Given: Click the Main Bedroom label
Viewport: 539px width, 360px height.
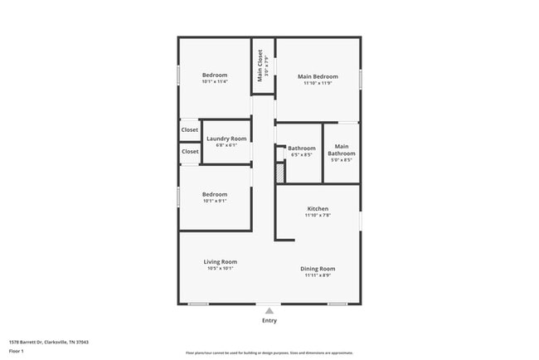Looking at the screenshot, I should (x=318, y=76).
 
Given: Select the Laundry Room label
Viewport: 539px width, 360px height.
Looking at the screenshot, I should (x=226, y=139).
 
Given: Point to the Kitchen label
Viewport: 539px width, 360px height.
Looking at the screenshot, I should (x=318, y=208).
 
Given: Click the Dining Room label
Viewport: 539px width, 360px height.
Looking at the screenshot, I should (x=318, y=269).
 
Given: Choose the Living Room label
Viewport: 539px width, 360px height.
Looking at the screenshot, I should (x=221, y=262).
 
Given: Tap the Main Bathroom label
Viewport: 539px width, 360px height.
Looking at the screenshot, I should (x=342, y=150).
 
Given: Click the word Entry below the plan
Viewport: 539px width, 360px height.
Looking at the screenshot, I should (x=269, y=320).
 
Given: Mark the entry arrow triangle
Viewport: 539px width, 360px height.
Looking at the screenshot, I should (x=269, y=311).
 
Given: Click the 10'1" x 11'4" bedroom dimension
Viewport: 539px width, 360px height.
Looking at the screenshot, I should (x=215, y=81).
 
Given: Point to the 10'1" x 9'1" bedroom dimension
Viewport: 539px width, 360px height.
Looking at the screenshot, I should (x=215, y=201).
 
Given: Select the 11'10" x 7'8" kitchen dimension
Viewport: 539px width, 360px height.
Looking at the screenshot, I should (x=318, y=216).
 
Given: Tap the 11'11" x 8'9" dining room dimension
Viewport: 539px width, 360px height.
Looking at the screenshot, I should (x=318, y=275).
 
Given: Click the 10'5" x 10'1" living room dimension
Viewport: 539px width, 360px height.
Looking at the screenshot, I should (x=221, y=269).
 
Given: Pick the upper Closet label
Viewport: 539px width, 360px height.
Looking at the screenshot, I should (x=190, y=130).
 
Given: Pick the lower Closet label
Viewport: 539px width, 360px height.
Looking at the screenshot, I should (x=190, y=152).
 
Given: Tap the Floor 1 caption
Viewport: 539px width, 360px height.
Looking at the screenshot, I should (x=17, y=351).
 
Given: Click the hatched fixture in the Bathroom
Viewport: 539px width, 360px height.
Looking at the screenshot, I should (x=279, y=173).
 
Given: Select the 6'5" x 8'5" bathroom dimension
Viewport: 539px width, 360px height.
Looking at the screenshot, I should (x=302, y=155).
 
